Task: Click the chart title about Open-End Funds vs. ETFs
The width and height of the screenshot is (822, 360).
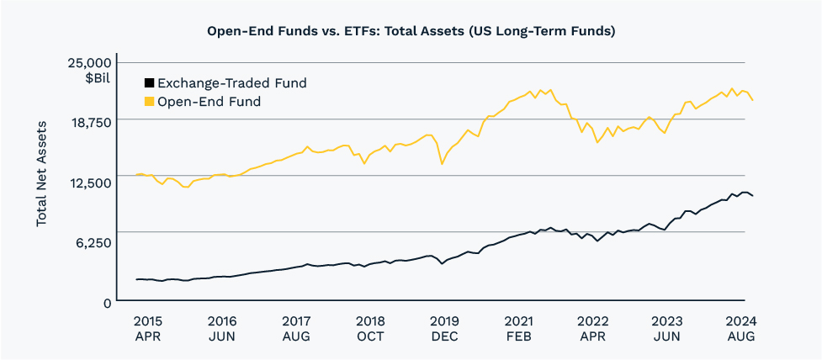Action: click(411, 31)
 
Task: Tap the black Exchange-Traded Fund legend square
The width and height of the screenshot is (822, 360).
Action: click(149, 83)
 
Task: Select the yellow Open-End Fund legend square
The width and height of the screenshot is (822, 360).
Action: click(149, 102)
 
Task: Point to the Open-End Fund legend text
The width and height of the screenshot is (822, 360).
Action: click(209, 102)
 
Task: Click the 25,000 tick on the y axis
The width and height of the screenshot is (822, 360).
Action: click(88, 63)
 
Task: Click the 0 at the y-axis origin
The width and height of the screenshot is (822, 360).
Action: click(107, 302)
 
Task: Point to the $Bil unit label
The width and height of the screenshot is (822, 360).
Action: click(98, 78)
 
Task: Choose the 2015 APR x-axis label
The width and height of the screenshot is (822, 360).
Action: click(147, 328)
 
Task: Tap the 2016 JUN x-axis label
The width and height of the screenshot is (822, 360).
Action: click(221, 328)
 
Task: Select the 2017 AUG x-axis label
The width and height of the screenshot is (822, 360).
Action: click(295, 328)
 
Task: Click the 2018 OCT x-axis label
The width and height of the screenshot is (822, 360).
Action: click(370, 328)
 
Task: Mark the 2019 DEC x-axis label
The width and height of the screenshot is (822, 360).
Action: click(444, 328)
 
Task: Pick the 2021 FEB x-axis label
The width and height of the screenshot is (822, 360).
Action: click(518, 328)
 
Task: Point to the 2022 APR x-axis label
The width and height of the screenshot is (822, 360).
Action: click(593, 328)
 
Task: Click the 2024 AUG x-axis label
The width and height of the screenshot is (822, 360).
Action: click(740, 328)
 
